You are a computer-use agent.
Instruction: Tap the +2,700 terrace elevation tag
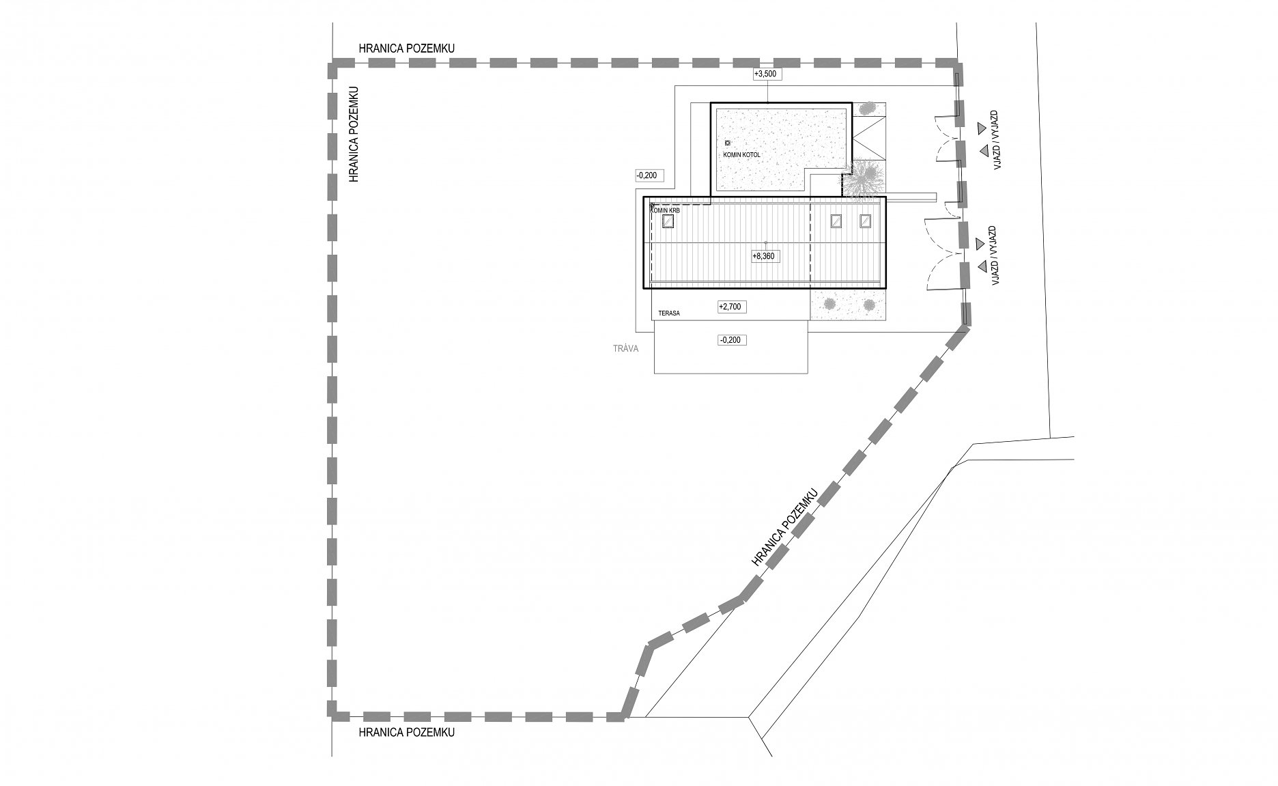[730, 307]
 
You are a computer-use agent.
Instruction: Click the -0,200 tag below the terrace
[731, 340]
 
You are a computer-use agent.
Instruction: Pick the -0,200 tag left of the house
[646, 176]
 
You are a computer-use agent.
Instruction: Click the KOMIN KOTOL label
[741, 155]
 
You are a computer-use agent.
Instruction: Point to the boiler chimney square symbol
[727, 143]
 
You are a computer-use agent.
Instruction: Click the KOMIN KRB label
[666, 211]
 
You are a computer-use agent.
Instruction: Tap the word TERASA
[670, 314]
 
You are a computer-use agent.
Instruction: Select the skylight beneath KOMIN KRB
[668, 221]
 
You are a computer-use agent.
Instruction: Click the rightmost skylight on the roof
[866, 221]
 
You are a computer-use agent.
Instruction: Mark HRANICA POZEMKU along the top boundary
[407, 49]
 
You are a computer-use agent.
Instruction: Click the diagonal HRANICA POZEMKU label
[784, 527]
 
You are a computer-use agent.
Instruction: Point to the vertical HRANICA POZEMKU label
[354, 134]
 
